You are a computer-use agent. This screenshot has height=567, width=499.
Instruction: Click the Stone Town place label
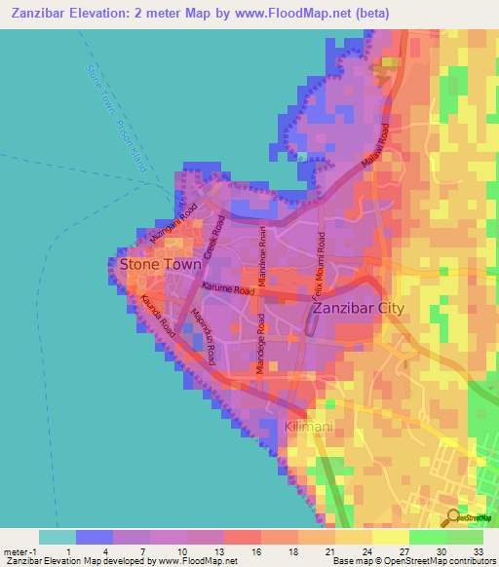pos(160,264)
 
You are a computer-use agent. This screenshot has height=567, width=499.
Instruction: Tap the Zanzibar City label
pos(370,310)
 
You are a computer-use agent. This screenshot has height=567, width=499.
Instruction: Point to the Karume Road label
pos(228,288)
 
